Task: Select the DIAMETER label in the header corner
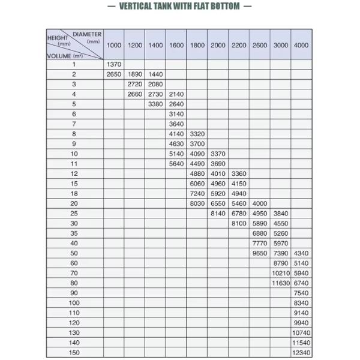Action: pyautogui.click(x=87, y=34)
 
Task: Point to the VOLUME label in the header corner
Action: pyautogui.click(x=60, y=55)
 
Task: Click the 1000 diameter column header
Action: pyautogui.click(x=114, y=45)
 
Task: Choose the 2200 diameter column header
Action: pyautogui.click(x=239, y=45)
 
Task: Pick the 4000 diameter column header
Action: pyautogui.click(x=301, y=45)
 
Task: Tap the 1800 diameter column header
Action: pyautogui.click(x=197, y=45)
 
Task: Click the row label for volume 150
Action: pyautogui.click(x=74, y=353)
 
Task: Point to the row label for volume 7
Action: pyautogui.click(x=74, y=124)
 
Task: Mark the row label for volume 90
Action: pyautogui.click(x=74, y=293)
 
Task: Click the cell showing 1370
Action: pyautogui.click(x=114, y=65)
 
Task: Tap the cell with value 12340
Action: pyautogui.click(x=301, y=353)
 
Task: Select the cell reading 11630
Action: pyautogui.click(x=280, y=283)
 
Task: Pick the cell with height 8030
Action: pyautogui.click(x=197, y=203)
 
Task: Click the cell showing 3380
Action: pyautogui.click(x=155, y=104)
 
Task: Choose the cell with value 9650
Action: pyautogui.click(x=260, y=253)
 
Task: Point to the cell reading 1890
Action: pyautogui.click(x=135, y=74)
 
